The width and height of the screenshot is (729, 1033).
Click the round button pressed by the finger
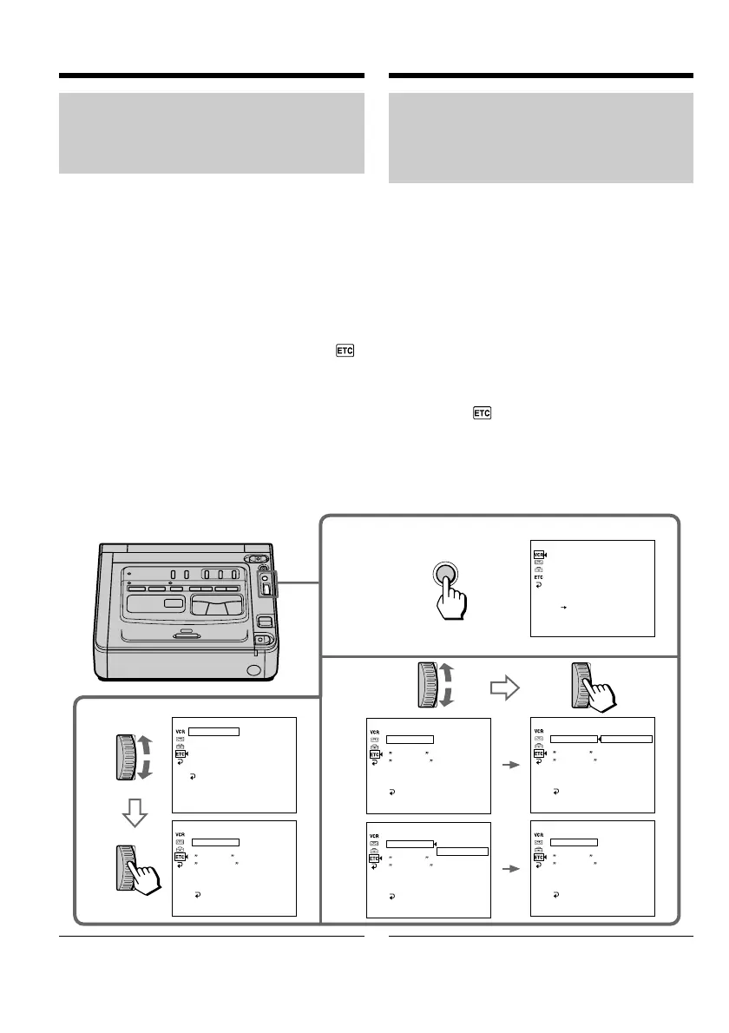(444, 577)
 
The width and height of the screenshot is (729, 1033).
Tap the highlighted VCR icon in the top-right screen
(538, 553)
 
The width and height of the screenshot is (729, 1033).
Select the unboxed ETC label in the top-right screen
(538, 576)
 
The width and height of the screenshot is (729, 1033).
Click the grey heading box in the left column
(211, 134)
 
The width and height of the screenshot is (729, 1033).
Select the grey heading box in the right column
(541, 138)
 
